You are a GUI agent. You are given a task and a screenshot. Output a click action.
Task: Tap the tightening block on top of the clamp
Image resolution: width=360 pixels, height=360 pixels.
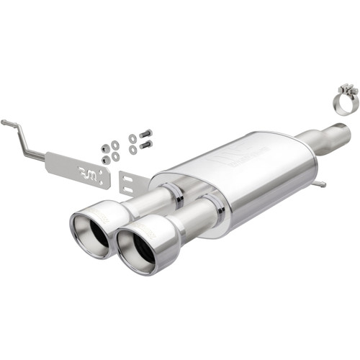pos(348,90)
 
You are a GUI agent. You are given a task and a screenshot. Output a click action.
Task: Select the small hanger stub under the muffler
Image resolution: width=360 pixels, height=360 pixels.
pos(318,184)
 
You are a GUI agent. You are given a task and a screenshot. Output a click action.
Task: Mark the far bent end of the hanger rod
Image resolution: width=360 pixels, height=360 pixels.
pos(5,123)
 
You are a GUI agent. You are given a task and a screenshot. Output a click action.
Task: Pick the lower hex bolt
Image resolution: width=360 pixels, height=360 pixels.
pos(146,145)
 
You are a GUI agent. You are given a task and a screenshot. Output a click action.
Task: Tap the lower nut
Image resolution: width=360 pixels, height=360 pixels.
pos(105,160)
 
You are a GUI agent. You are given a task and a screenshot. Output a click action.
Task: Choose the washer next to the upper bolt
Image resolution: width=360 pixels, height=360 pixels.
pos(133,138)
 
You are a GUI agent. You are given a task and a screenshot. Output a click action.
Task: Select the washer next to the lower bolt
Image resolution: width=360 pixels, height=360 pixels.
pos(132,150)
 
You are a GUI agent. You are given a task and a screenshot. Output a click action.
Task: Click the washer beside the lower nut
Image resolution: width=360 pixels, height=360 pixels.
pos(115,156)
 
